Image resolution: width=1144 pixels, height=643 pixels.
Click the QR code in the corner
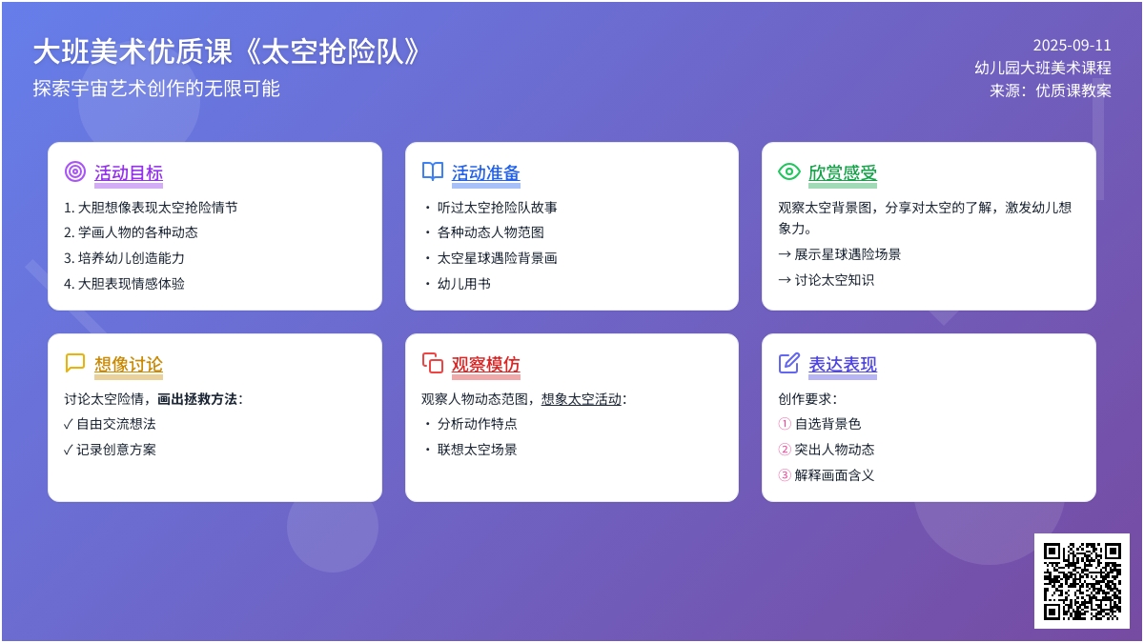[1082, 581]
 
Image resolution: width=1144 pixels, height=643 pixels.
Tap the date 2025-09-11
[1072, 46]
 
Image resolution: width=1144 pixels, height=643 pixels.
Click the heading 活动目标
[129, 173]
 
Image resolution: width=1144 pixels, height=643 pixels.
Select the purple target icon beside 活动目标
[75, 171]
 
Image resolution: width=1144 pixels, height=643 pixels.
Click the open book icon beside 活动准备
[433, 171]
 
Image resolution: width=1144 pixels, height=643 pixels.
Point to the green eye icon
[789, 171]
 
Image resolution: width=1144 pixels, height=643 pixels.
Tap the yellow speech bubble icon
[75, 363]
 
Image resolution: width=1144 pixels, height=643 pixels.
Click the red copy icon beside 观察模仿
[433, 363]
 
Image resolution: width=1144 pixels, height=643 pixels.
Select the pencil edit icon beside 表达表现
[789, 363]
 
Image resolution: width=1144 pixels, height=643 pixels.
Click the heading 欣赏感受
[843, 173]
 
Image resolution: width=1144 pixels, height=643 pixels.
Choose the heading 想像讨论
[129, 364]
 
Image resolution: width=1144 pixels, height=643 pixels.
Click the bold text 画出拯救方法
[197, 399]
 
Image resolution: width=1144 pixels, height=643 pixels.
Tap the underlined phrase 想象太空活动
[582, 399]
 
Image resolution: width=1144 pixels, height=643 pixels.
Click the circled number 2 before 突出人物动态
[785, 449]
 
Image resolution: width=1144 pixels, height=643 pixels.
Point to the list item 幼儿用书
[463, 284]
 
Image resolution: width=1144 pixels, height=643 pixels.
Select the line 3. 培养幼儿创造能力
[124, 258]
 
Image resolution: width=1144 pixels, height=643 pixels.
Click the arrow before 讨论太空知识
[785, 280]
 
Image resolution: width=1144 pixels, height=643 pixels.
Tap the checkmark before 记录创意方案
[69, 450]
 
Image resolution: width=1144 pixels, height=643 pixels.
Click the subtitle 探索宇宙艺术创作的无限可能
[156, 89]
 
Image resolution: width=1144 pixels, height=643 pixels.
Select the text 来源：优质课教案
[1051, 90]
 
